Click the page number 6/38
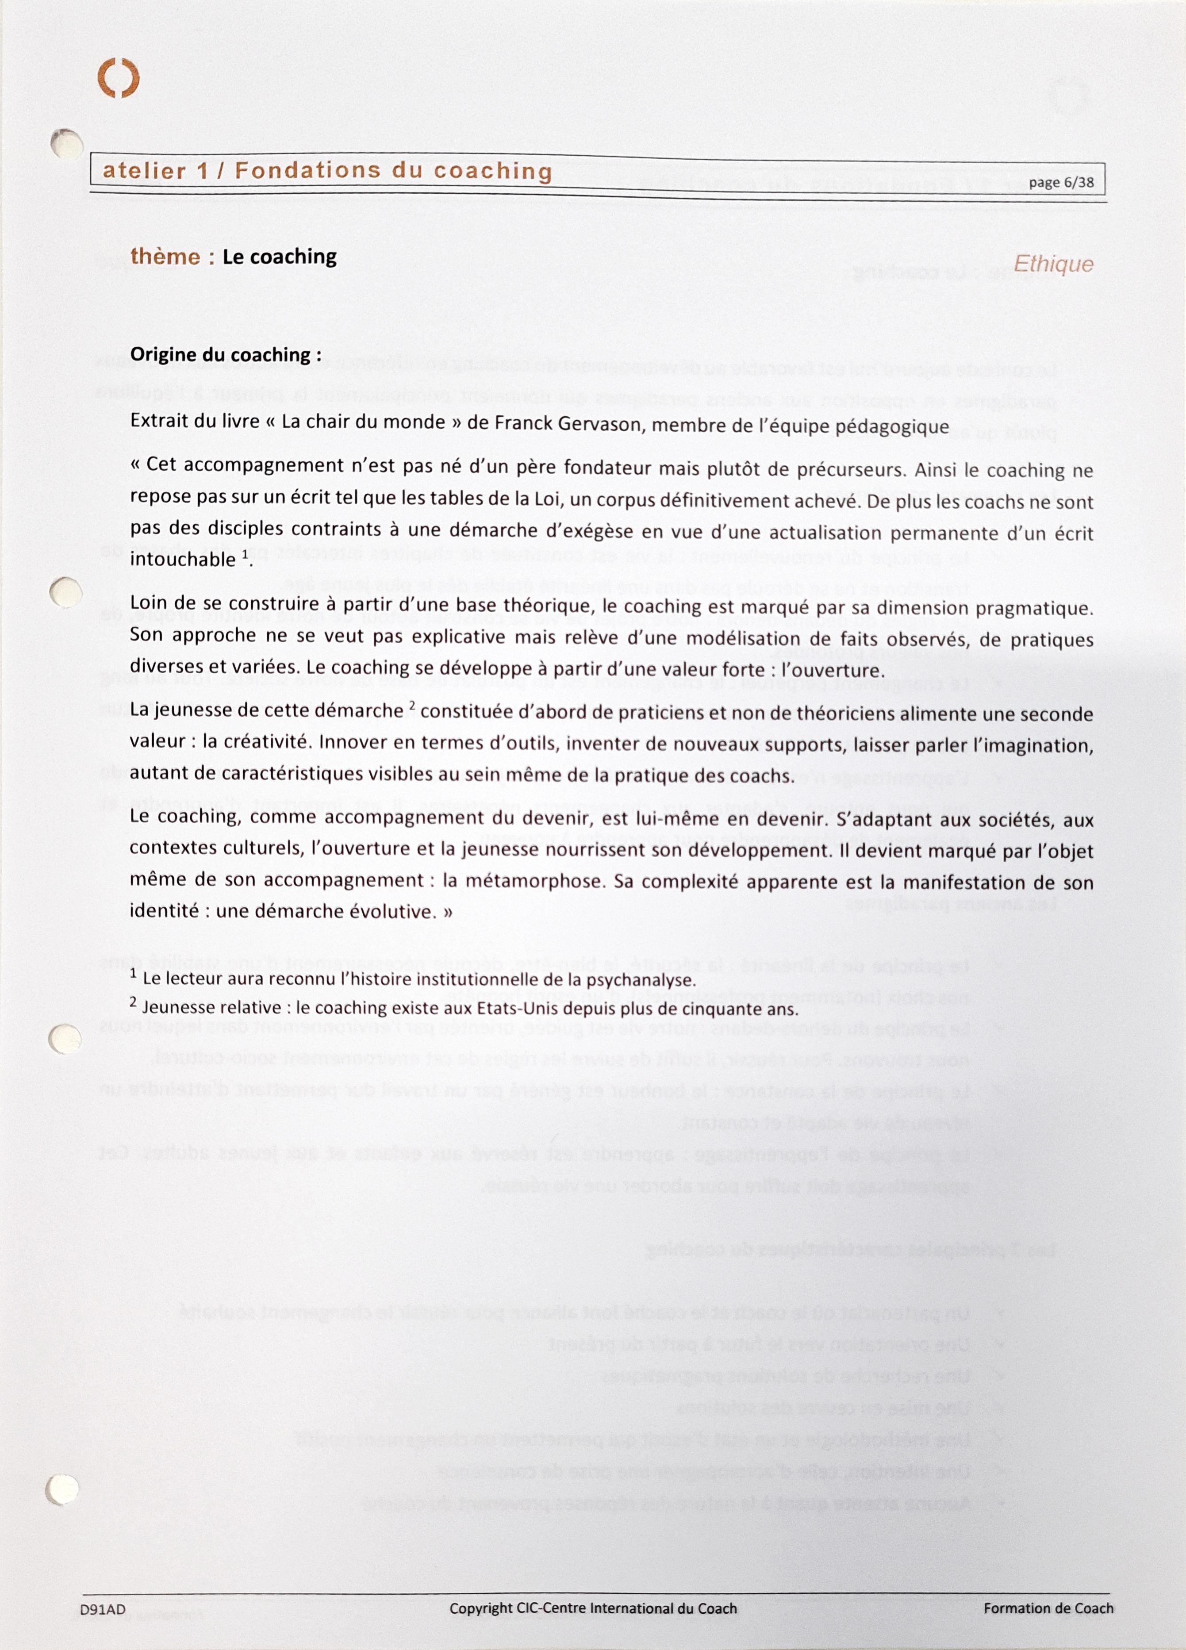point(1062,183)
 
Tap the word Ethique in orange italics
point(1053,264)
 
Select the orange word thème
point(165,257)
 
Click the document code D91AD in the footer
point(104,1608)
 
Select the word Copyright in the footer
point(482,1608)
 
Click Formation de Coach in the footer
point(1048,1608)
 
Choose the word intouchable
point(183,560)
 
